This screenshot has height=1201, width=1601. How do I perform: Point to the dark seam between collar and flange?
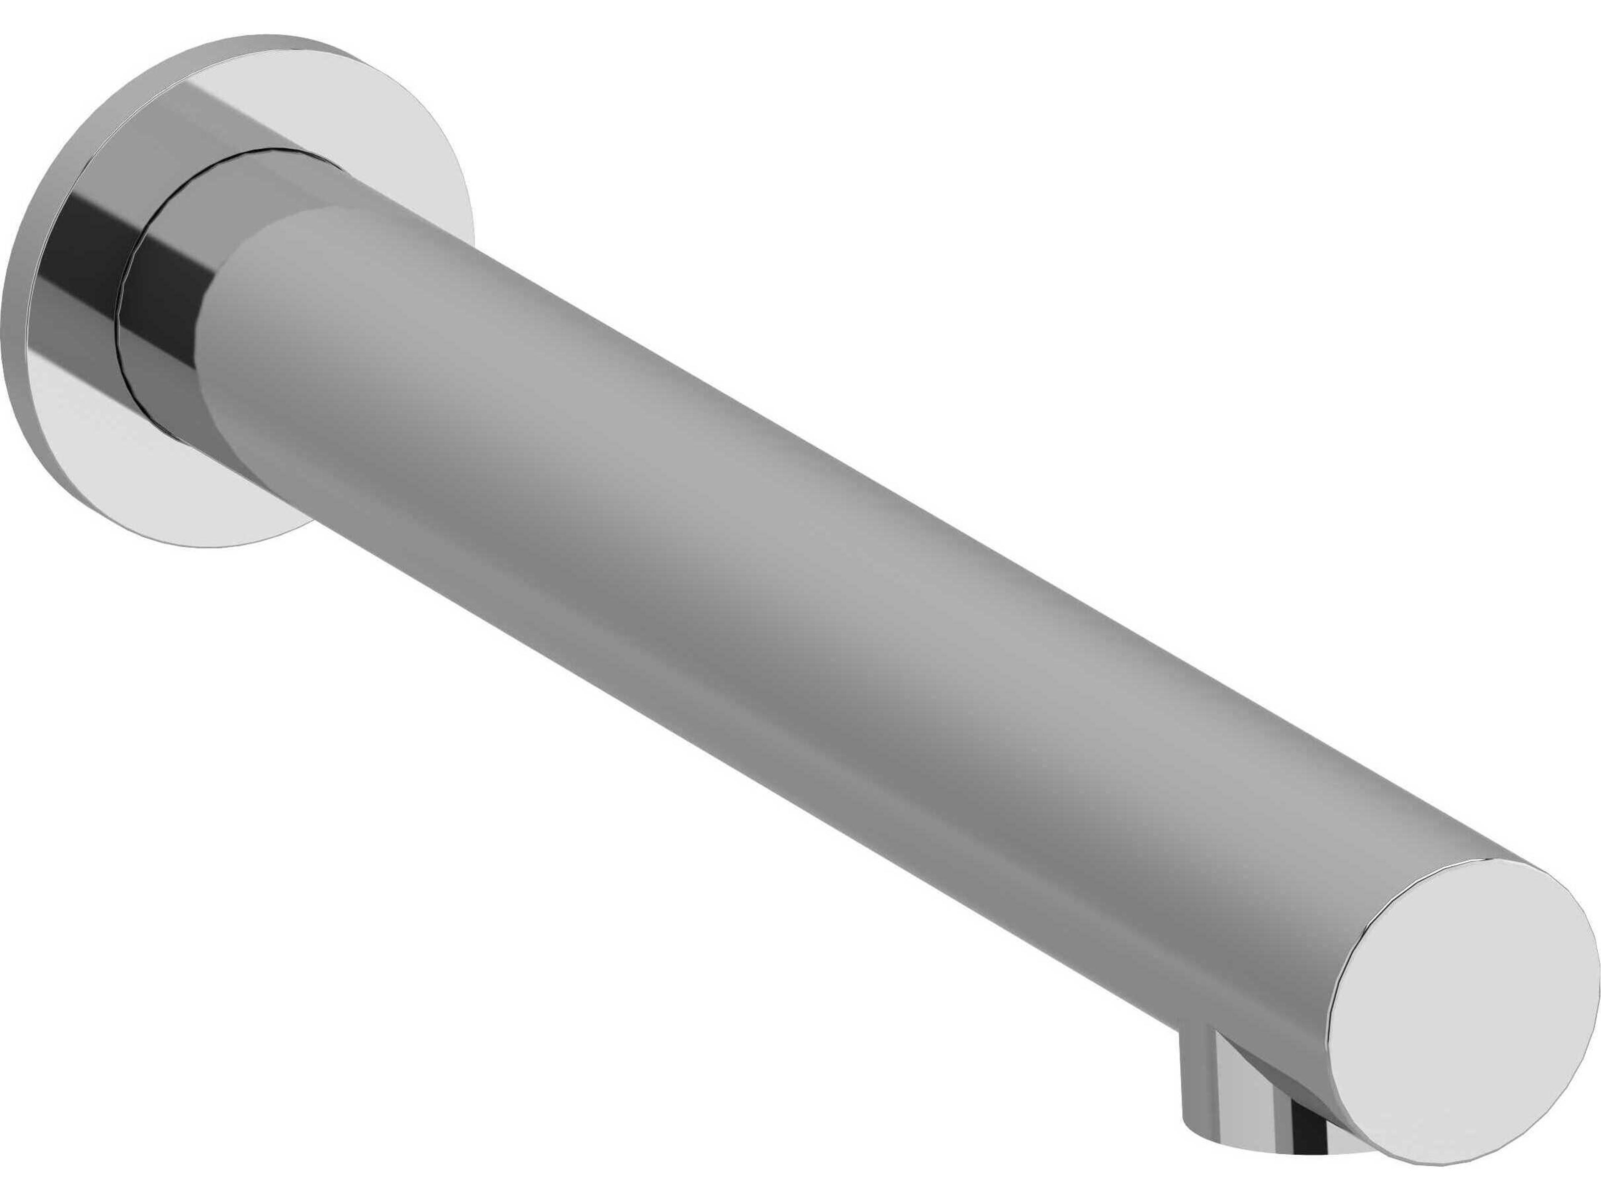tap(119, 319)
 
